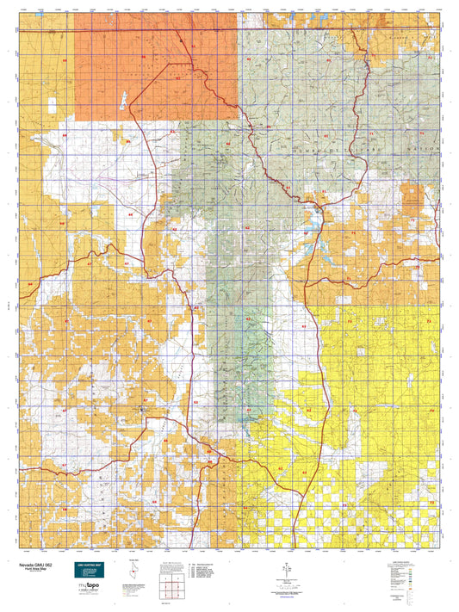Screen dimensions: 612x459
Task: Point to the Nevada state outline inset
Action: coord(132,573)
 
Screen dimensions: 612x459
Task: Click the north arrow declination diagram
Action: coord(285,570)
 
